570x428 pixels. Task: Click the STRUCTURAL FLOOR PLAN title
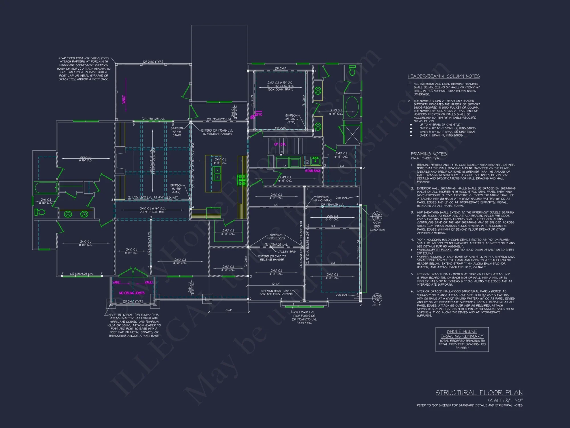pyautogui.click(x=479, y=393)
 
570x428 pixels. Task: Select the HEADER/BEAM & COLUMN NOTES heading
pyautogui.click(x=443, y=76)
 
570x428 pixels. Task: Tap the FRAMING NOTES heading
pyautogui.click(x=429, y=154)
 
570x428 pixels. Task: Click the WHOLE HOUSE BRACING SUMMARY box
pyautogui.click(x=462, y=339)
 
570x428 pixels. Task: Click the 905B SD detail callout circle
pyautogui.click(x=377, y=298)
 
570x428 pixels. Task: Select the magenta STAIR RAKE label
pyautogui.click(x=313, y=171)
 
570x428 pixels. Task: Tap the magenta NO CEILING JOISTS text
pyautogui.click(x=132, y=293)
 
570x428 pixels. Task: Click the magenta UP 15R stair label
pyautogui.click(x=280, y=144)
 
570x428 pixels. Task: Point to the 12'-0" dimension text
pyautogui.click(x=276, y=284)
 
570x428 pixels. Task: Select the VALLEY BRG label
pyautogui.click(x=286, y=252)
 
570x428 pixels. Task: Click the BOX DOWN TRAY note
pyautogui.click(x=280, y=90)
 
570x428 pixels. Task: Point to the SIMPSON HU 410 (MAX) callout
pyautogui.click(x=322, y=199)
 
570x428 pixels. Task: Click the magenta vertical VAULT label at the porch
pyautogui.click(x=124, y=99)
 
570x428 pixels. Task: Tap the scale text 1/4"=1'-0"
pyautogui.click(x=505, y=400)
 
